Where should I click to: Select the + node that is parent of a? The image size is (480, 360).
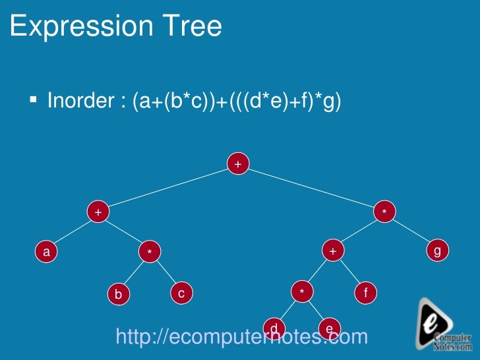tap(98, 212)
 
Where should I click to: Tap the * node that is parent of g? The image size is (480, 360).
tap(384, 212)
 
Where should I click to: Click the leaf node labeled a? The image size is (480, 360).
tap(45, 251)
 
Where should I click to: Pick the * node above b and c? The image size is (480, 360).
tap(150, 251)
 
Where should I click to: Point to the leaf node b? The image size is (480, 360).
tap(118, 294)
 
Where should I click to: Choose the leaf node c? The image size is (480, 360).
tap(181, 293)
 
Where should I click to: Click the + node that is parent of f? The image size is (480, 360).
tap(333, 251)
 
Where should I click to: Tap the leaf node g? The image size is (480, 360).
tap(437, 251)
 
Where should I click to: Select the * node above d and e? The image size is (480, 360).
tap(301, 292)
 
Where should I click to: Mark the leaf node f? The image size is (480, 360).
tap(365, 292)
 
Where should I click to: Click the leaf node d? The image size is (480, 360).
tap(273, 328)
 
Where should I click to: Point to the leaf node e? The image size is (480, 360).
tap(329, 328)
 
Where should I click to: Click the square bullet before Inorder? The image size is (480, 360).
tap(32, 100)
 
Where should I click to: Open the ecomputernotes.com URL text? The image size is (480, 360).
tap(241, 337)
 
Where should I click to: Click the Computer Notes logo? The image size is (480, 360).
tap(445, 324)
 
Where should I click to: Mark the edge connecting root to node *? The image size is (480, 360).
tap(311, 188)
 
